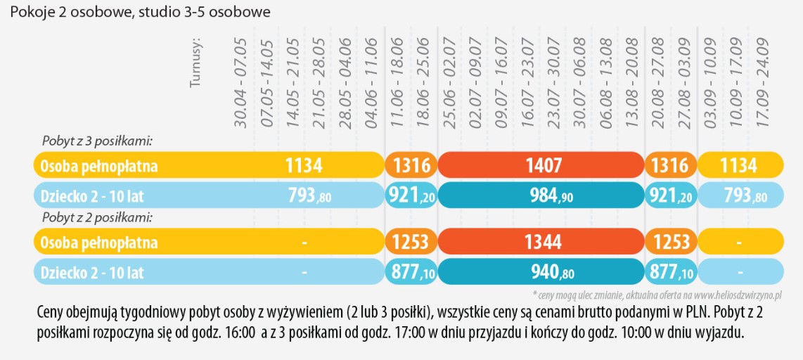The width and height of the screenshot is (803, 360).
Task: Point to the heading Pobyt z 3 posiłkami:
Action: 97,141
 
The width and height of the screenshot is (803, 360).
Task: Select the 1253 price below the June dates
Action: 410,243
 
